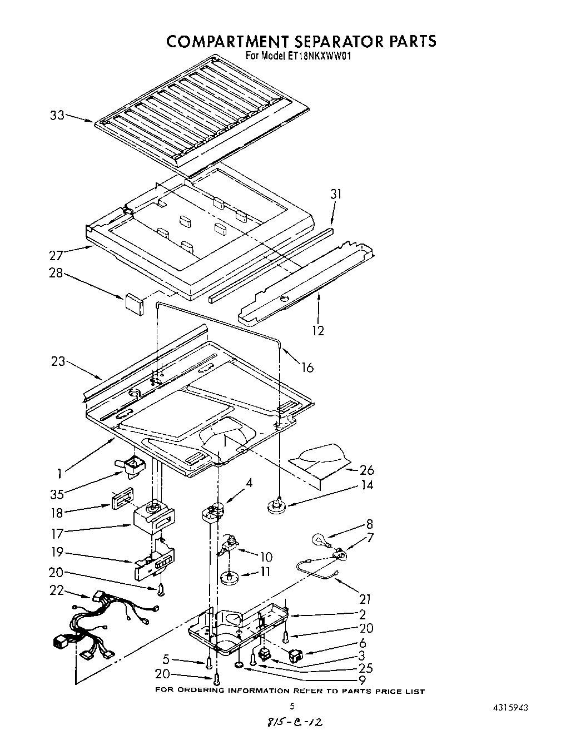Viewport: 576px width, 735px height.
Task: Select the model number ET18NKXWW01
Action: [x=322, y=56]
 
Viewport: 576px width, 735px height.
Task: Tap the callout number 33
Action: [x=57, y=116]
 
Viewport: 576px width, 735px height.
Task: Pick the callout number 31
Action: [x=336, y=194]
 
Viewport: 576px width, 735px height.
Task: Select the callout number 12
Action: [x=317, y=330]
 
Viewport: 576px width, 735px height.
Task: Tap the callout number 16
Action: [x=307, y=367]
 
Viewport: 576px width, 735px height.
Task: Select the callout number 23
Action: [x=58, y=361]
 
